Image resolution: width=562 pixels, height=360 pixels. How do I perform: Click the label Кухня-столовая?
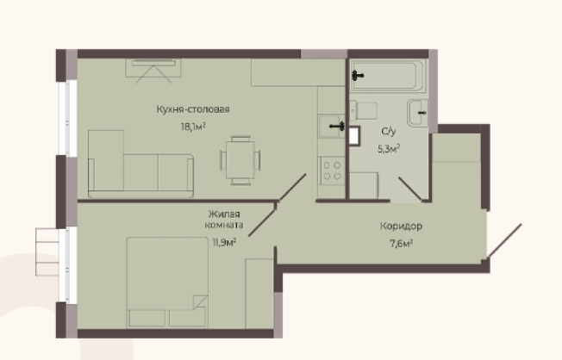pyautogui.click(x=193, y=109)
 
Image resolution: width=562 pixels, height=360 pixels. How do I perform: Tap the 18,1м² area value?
pyautogui.click(x=193, y=127)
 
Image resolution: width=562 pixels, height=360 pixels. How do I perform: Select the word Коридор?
pyautogui.click(x=401, y=227)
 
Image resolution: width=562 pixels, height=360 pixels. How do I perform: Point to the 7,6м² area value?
pyautogui.click(x=401, y=244)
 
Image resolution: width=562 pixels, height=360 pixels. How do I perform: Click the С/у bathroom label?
pyautogui.click(x=389, y=132)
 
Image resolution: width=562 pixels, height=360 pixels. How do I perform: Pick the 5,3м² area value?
pyautogui.click(x=389, y=148)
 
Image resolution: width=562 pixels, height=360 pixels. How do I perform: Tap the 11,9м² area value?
pyautogui.click(x=224, y=243)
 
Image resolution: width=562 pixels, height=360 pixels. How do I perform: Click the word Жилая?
pyautogui.click(x=224, y=214)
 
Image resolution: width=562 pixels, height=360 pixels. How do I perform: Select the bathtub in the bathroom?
pyautogui.click(x=388, y=76)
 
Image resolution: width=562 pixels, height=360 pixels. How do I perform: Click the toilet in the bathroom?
pyautogui.click(x=364, y=111)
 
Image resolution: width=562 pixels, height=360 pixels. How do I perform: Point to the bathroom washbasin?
pyautogui.click(x=417, y=113)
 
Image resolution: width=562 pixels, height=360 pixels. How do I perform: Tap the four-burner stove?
pyautogui.click(x=332, y=171)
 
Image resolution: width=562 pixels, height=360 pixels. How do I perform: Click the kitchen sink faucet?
pyautogui.click(x=337, y=126)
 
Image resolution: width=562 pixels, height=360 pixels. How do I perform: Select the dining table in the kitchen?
pyautogui.click(x=240, y=160)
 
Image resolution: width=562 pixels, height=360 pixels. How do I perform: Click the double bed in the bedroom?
pyautogui.click(x=167, y=282)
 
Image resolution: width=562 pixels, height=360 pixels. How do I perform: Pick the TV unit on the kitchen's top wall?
pyautogui.click(x=153, y=68)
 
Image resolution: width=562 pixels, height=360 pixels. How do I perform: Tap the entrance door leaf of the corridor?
pyautogui.click(x=504, y=240)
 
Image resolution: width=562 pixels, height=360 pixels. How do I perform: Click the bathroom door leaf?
pyautogui.click(x=411, y=189)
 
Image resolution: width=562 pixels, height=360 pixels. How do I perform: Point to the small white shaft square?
pyautogui.click(x=354, y=135)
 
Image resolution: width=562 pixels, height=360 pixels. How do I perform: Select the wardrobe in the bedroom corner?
pyautogui.click(x=259, y=294)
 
